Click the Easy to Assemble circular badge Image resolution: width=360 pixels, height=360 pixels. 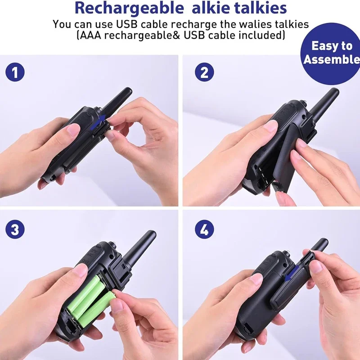coord(332,53)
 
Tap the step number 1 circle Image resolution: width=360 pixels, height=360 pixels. coord(15,72)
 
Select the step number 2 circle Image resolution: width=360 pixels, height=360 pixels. coord(204,72)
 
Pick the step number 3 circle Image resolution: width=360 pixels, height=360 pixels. coord(15,230)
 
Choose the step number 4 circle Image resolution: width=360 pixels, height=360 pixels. coord(204,230)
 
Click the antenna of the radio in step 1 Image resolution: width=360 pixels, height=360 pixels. coord(116,100)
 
